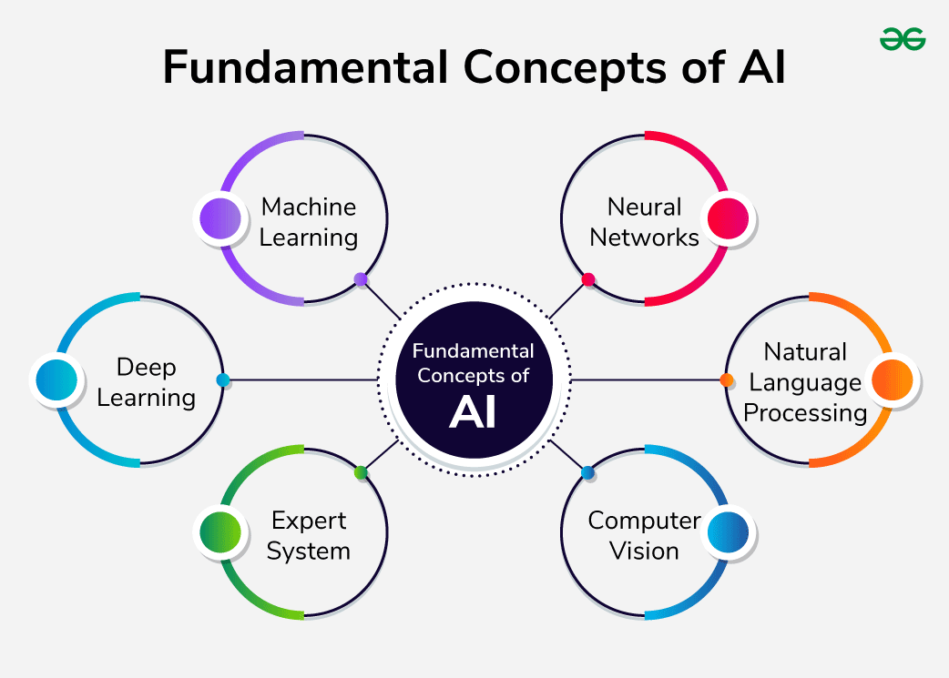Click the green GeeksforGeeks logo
[903, 38]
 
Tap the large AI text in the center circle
[473, 412]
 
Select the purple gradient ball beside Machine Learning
[219, 219]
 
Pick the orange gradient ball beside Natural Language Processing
[891, 380]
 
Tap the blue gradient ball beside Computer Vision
[727, 532]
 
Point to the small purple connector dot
[361, 279]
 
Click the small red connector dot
[588, 279]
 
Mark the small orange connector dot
[727, 379]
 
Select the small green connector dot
[361, 472]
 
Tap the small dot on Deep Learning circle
[222, 379]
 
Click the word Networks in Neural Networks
[644, 238]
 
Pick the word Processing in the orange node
[805, 412]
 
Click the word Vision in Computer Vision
[644, 551]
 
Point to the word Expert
[309, 521]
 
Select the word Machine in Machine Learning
[308, 207]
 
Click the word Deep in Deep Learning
[146, 368]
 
